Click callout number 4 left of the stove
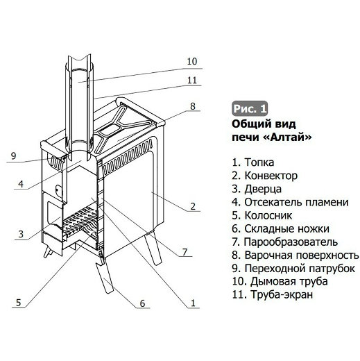tap(22, 184)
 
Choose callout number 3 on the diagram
tap(22, 233)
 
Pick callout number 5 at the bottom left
tap(19, 301)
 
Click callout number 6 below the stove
tap(142, 303)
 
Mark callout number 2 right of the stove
tap(192, 205)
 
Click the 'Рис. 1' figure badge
tap(249, 109)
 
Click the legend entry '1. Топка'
tap(259, 162)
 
